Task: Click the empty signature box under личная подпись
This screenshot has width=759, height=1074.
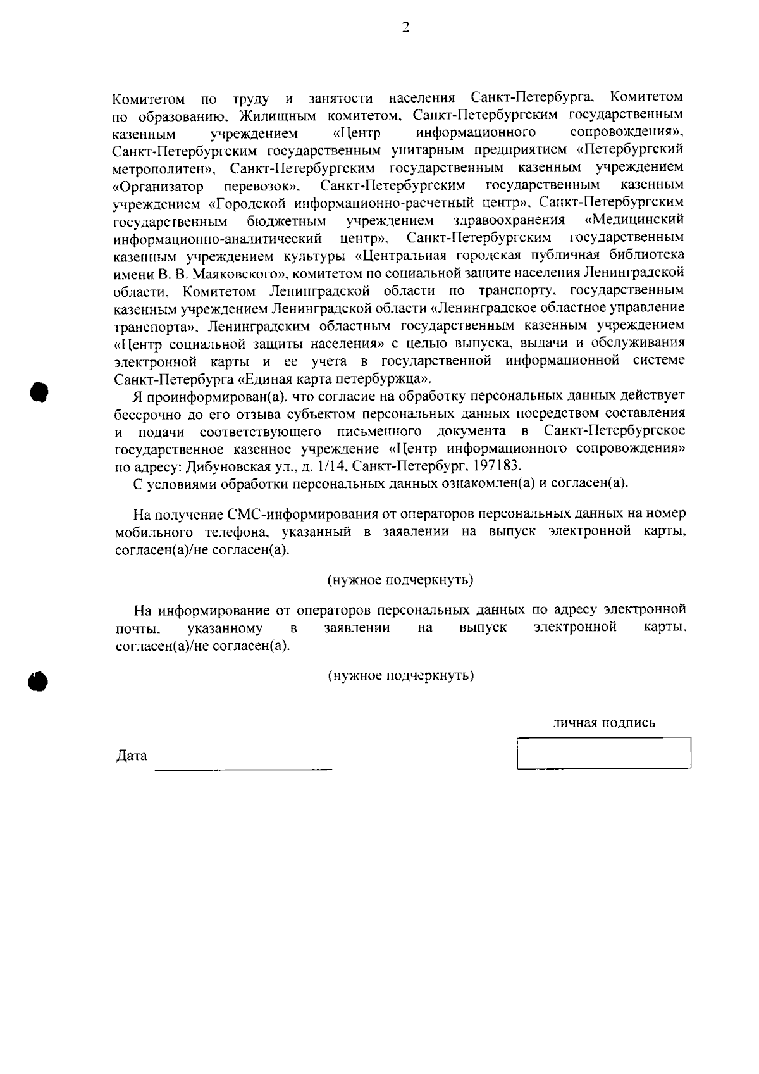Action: pyautogui.click(x=603, y=753)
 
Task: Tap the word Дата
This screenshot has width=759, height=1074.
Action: pyautogui.click(x=132, y=756)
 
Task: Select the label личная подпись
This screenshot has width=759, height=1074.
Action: pyautogui.click(x=603, y=723)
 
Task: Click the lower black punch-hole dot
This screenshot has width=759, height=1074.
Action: pyautogui.click(x=39, y=681)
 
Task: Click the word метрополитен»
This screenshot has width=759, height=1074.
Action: pyautogui.click(x=166, y=169)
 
